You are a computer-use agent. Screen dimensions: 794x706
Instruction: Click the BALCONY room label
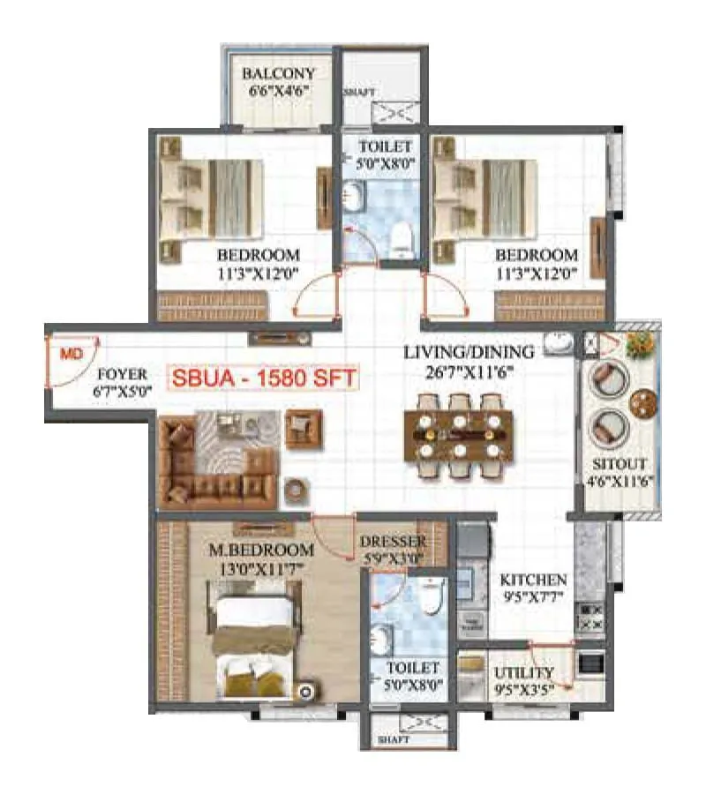pyautogui.click(x=278, y=73)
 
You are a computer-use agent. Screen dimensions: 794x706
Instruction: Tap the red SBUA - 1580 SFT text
pyautogui.click(x=263, y=378)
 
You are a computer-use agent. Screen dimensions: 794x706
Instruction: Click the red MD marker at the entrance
pyautogui.click(x=70, y=355)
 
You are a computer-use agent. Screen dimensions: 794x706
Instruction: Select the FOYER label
pyautogui.click(x=123, y=374)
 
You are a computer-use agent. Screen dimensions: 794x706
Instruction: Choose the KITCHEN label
pyautogui.click(x=533, y=580)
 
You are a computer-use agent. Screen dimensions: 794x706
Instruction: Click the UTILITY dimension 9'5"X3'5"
pyautogui.click(x=523, y=688)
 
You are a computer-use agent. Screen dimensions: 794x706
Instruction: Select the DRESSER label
pyautogui.click(x=393, y=541)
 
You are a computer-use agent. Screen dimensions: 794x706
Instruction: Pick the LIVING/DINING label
pyautogui.click(x=469, y=352)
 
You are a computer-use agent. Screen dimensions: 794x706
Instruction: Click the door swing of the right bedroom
pyautogui.click(x=446, y=296)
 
